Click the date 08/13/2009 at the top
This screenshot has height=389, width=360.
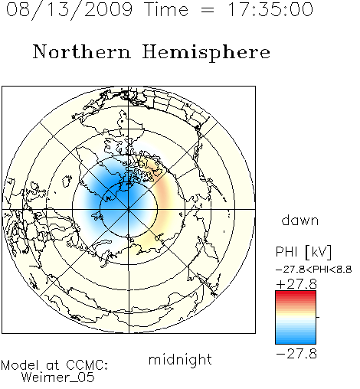pyautogui.click(x=69, y=10)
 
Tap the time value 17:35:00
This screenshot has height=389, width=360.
pyautogui.click(x=270, y=9)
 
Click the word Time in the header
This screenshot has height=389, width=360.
pyautogui.click(x=166, y=9)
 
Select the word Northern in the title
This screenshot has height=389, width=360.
pyautogui.click(x=82, y=52)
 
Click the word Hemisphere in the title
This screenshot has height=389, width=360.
pyautogui.click(x=206, y=53)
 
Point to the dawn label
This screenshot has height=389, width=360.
pyautogui.click(x=300, y=221)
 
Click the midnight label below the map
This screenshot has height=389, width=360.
pyautogui.click(x=180, y=359)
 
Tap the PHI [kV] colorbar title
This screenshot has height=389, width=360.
pyautogui.click(x=303, y=252)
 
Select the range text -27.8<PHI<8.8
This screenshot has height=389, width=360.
pyautogui.click(x=314, y=270)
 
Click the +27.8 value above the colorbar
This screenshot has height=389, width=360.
pyautogui.click(x=296, y=284)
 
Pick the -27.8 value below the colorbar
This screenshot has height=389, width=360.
pyautogui.click(x=296, y=354)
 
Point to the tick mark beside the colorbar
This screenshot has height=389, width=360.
pyautogui.click(x=318, y=317)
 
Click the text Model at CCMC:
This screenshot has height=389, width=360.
pyautogui.click(x=54, y=365)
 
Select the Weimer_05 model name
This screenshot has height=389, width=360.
pyautogui.click(x=58, y=378)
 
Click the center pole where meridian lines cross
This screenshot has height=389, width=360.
pyautogui.click(x=129, y=209)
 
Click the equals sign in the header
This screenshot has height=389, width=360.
pyautogui.click(x=208, y=10)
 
